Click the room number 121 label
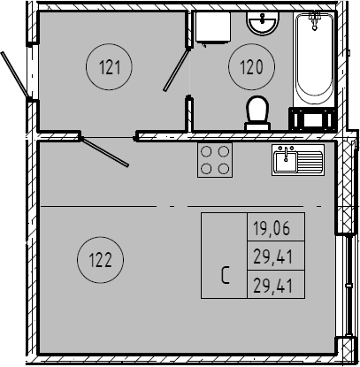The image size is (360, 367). [110, 67]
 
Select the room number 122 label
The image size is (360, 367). [100, 260]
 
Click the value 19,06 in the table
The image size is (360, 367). [272, 228]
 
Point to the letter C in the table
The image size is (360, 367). [226, 275]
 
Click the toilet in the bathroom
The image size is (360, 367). [257, 113]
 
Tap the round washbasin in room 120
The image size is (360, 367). [263, 23]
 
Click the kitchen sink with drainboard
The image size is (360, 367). [298, 160]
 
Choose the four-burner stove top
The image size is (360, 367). [215, 160]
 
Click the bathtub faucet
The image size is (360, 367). [314, 19]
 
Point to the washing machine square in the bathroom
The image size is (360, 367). [213, 27]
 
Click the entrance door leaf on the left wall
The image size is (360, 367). [16, 74]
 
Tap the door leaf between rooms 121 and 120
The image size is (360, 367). [177, 70]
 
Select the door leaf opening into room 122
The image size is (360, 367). [104, 151]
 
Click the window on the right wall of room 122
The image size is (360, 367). [349, 285]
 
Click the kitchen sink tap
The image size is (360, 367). [286, 154]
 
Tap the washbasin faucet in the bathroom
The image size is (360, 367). [262, 19]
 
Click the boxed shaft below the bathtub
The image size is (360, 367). [312, 119]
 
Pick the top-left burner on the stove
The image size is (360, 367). [206, 151]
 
